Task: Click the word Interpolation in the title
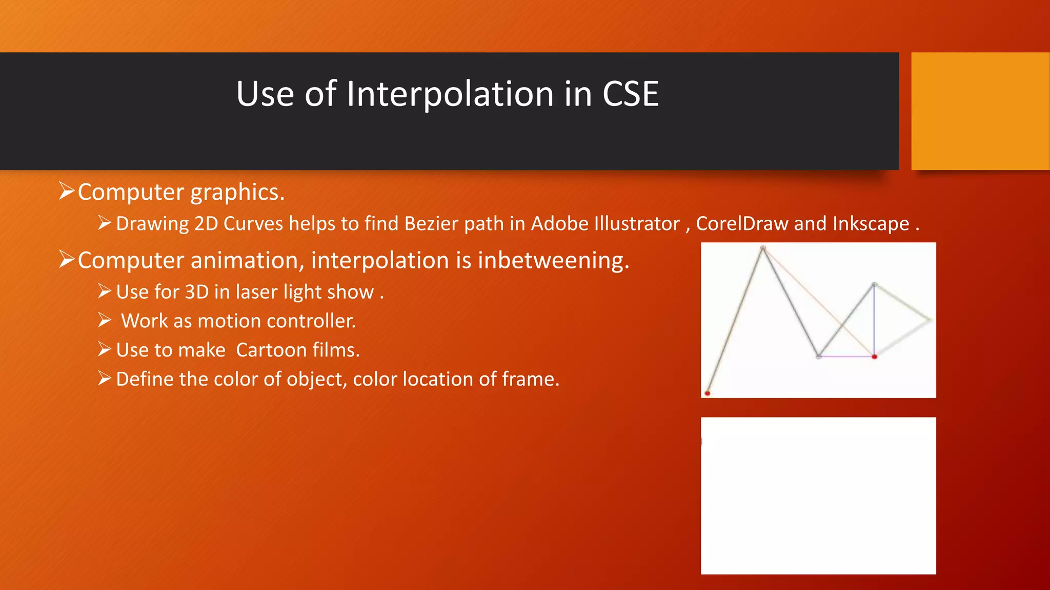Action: pos(450,94)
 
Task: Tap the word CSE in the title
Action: pos(630,94)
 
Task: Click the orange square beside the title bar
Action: pos(980,111)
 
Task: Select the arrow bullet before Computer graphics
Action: pos(67,191)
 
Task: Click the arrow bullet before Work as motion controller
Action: pos(105,321)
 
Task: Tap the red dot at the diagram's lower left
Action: pos(708,393)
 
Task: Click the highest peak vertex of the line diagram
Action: pos(763,248)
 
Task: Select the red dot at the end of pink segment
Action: pos(875,356)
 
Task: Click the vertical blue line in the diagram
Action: pos(874,320)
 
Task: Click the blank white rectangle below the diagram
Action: pos(818,495)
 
